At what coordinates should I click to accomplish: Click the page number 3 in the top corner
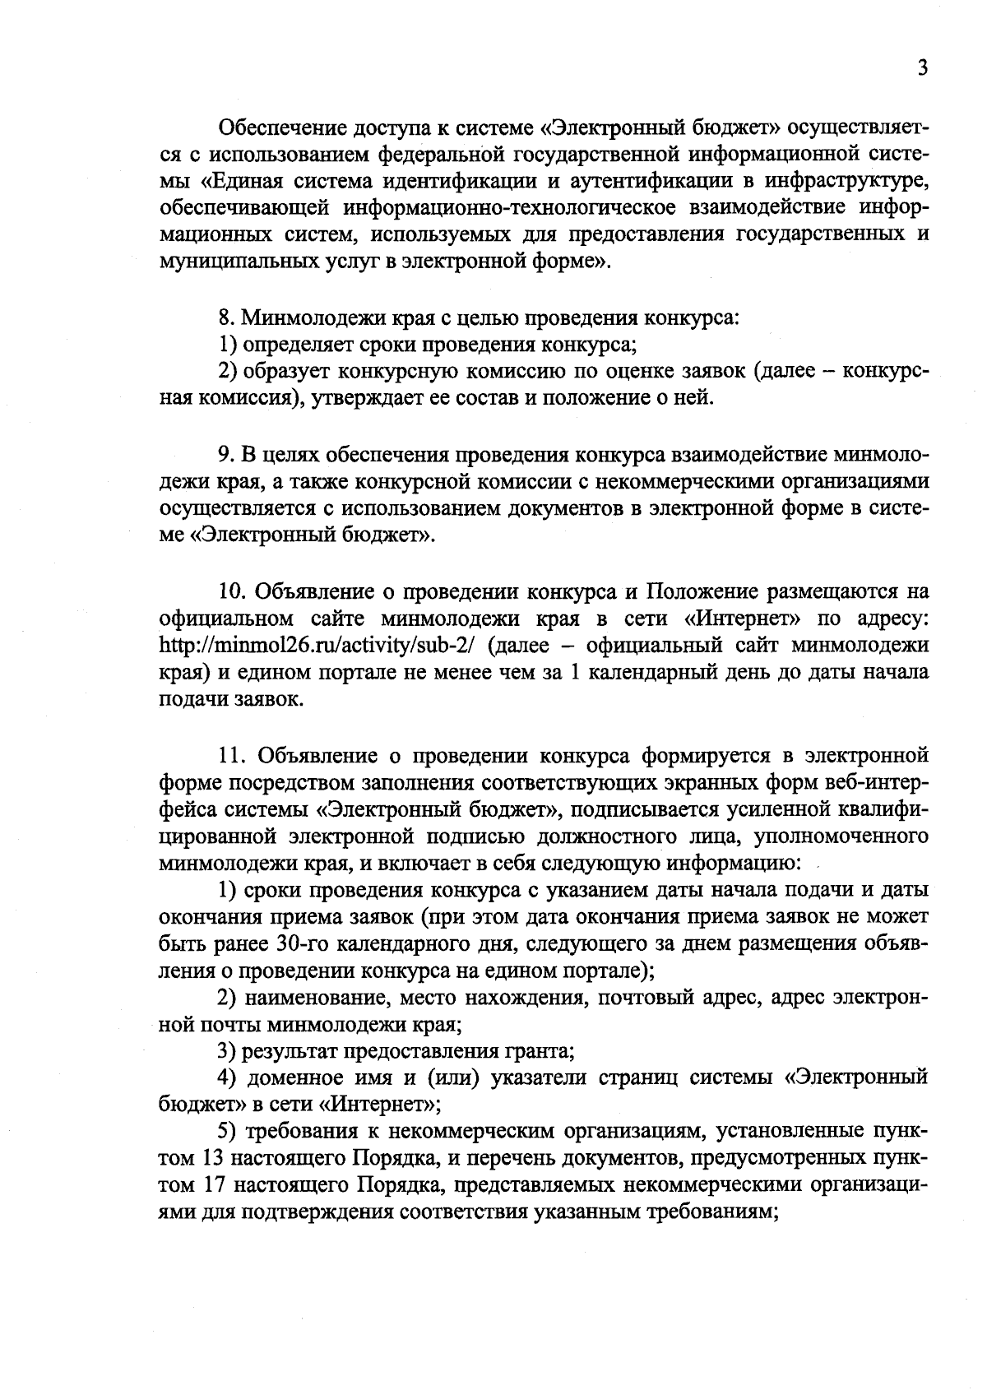click(923, 68)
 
